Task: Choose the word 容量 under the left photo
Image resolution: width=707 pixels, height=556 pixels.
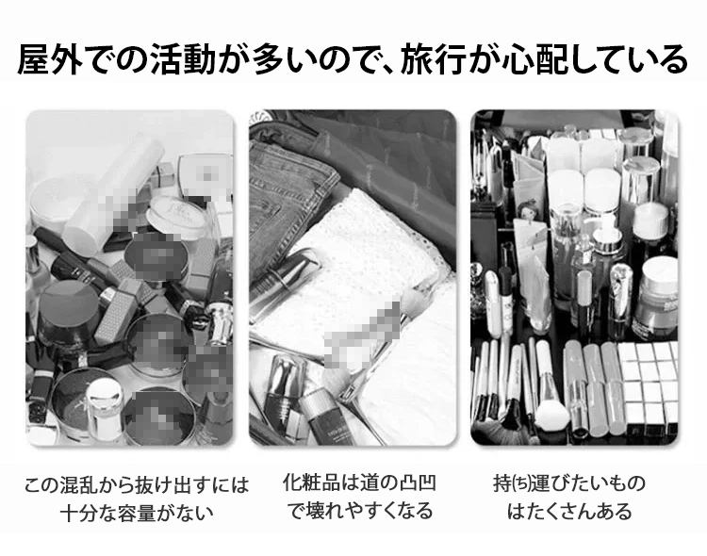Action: point(148,514)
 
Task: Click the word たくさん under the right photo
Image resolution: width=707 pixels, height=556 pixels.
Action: point(561,513)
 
